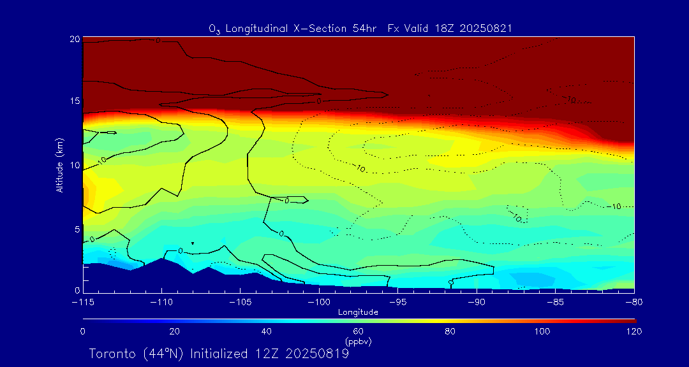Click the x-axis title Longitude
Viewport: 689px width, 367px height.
point(358,312)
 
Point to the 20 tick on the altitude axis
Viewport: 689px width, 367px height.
point(74,39)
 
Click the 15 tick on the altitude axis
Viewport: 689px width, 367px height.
point(74,101)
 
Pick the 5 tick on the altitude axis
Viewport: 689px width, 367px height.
point(77,228)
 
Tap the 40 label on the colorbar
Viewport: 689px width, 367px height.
point(266,331)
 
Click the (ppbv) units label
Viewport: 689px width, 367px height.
point(358,342)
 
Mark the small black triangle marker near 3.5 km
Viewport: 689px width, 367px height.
point(192,243)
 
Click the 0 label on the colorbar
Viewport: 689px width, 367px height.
point(82,331)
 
